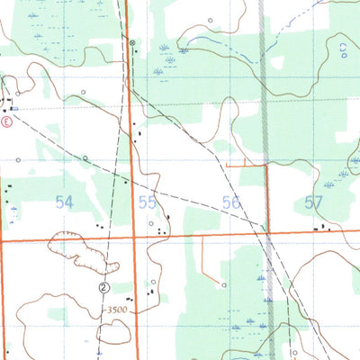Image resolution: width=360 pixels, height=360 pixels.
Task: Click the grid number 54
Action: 63,203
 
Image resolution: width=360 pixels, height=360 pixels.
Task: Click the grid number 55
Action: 148,203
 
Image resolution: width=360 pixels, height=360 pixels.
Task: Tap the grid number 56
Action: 231,203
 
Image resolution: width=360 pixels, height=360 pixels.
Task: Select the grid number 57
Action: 313,203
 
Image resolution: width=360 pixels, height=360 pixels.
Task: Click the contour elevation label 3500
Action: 116,310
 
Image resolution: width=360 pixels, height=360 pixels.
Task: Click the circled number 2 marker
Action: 103,288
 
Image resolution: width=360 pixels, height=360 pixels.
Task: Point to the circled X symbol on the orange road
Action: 131,42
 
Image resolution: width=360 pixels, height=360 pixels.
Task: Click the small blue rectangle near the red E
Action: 15,107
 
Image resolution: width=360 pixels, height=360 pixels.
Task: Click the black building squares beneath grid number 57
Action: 321,229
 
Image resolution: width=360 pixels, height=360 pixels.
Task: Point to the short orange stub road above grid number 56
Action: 246,166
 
